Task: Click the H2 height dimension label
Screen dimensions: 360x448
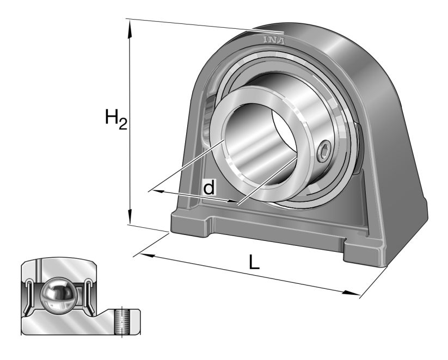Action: [x=115, y=119]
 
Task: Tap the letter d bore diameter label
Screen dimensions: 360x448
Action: [x=208, y=188]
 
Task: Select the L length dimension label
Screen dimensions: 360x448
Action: [x=254, y=262]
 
